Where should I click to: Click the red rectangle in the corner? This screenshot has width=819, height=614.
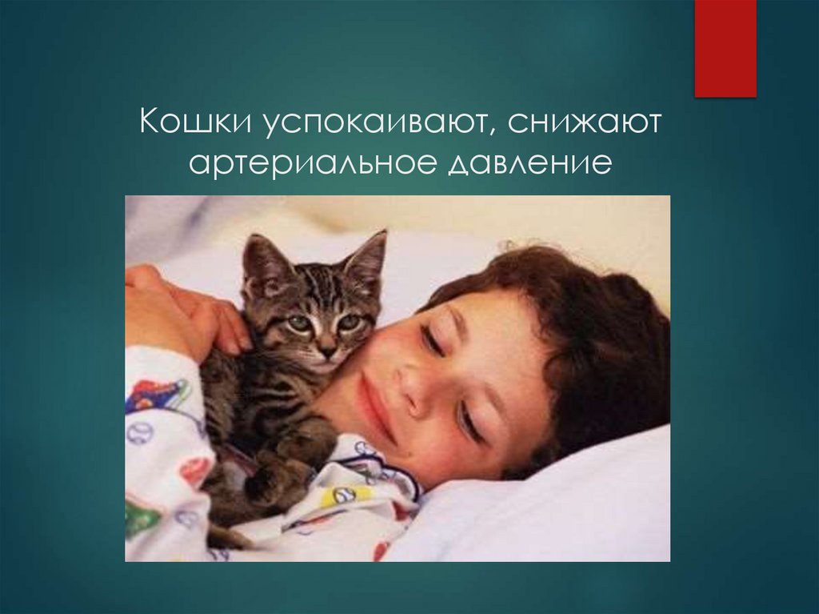point(725,48)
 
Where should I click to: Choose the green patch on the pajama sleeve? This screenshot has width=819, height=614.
point(141,518)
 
